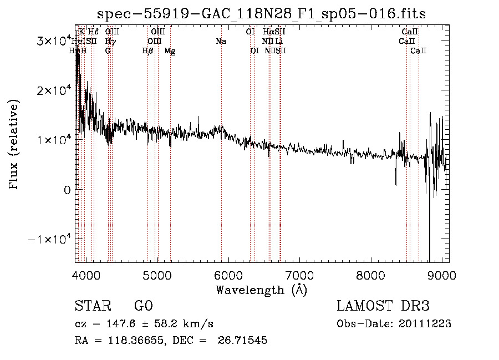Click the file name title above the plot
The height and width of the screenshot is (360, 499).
pos(261,14)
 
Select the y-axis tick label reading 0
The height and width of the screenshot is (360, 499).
pos(67,190)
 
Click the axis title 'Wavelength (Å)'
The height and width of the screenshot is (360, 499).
pos(261,289)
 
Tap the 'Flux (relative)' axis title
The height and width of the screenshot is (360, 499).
pos(14,145)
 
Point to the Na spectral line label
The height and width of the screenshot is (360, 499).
pos(221,41)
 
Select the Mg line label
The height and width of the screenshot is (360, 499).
pos(170,50)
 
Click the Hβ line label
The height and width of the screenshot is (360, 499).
pos(147,50)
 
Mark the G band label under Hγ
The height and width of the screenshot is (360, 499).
pos(108,50)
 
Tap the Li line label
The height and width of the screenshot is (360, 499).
pos(279,41)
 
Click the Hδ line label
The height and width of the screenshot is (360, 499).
pos(93,32)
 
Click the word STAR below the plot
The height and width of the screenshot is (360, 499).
pos(92,306)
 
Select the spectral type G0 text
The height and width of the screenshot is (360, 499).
pos(144,306)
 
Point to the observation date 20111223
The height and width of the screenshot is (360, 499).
pos(425,323)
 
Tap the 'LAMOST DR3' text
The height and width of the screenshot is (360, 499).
pos(383,306)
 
